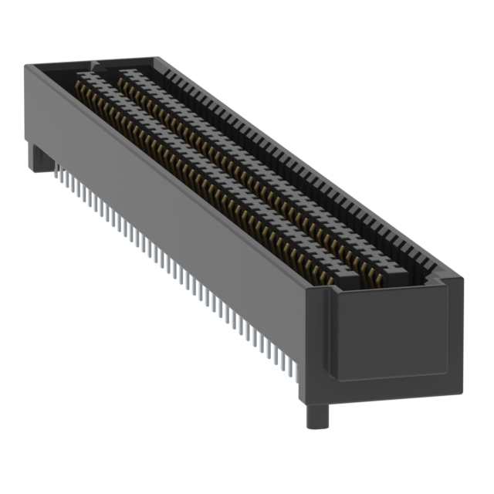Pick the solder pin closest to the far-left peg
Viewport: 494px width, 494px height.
[57, 174]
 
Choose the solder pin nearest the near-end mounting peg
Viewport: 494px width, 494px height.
[297, 382]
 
